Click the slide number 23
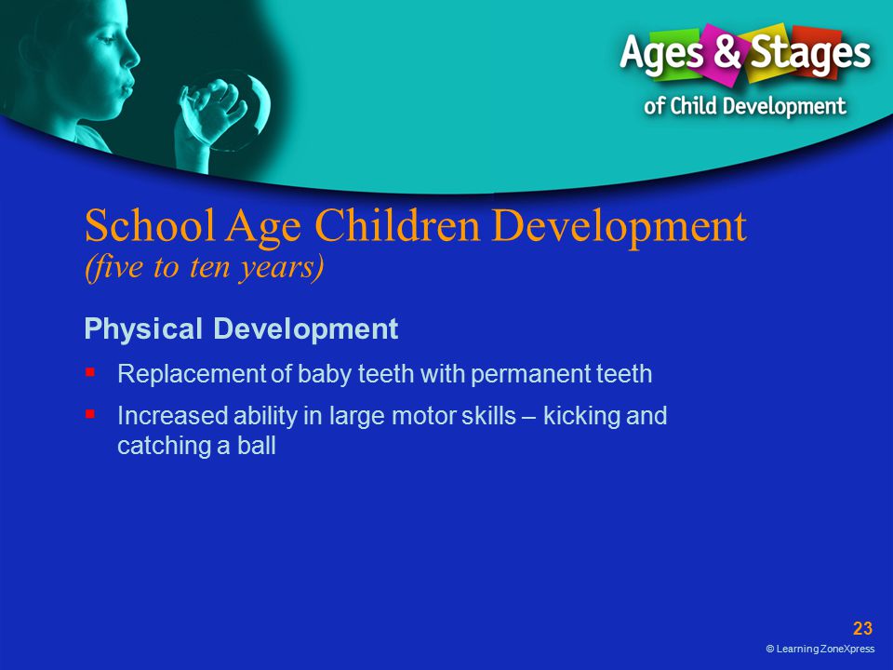coord(862,628)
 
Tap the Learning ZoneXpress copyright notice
coord(820,649)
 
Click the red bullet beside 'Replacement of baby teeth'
coord(90,372)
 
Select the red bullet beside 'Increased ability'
coord(90,413)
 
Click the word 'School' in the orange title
coord(151,225)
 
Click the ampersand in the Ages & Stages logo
coord(727,50)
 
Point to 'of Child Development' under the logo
coord(745,106)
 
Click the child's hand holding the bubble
coord(211,111)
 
